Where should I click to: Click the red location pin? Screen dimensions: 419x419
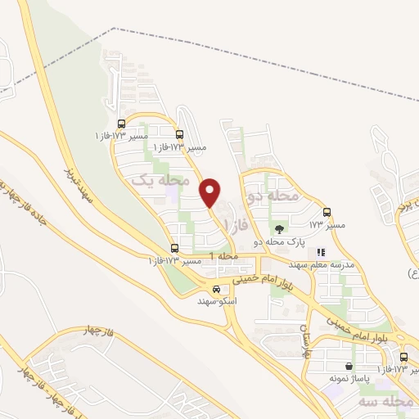210,191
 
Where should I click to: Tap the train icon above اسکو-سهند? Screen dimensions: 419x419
216,289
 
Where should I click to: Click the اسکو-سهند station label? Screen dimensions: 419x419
217,301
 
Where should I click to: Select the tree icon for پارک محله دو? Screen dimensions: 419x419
281,230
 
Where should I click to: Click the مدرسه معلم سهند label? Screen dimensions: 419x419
319,264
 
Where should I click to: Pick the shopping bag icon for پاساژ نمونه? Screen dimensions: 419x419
350,366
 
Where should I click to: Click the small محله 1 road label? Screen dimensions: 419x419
224,257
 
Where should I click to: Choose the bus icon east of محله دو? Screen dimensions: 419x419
327,212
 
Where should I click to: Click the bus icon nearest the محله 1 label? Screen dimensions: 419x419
174,248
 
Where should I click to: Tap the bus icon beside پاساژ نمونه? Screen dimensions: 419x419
403,357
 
